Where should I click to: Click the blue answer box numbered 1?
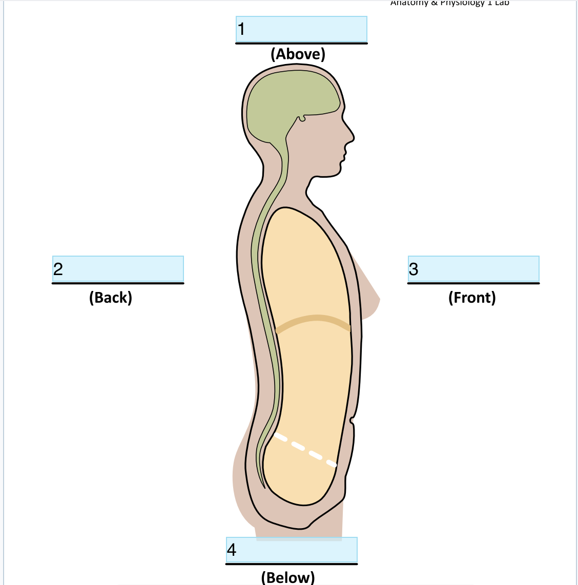click(x=301, y=29)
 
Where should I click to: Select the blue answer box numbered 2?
click(x=118, y=268)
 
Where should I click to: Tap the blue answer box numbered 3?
click(x=473, y=268)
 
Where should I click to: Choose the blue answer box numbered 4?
click(x=292, y=550)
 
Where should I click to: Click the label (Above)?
click(x=298, y=54)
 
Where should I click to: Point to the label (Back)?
click(x=111, y=297)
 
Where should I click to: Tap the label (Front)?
click(x=472, y=297)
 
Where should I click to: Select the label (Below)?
click(x=288, y=577)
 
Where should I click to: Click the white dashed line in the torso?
click(x=305, y=450)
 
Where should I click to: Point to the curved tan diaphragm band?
click(x=314, y=320)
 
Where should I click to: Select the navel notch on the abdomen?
click(x=352, y=421)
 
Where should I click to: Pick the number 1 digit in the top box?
click(x=241, y=29)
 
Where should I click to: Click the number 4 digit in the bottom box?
click(x=232, y=550)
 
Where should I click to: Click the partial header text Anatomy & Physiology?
click(x=450, y=3)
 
